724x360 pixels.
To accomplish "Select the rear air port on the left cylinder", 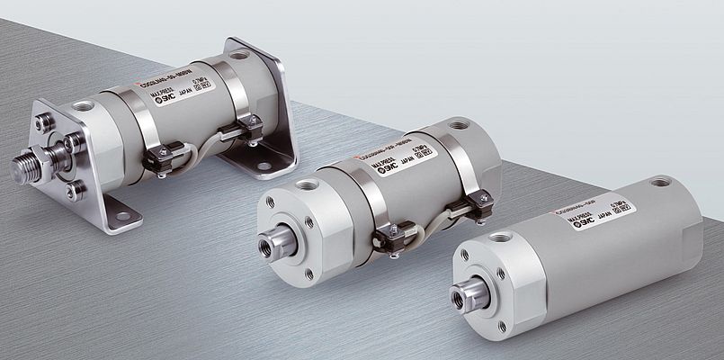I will pyautogui.click(x=239, y=55).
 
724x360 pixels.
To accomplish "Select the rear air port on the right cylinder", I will pyautogui.click(x=663, y=182).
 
